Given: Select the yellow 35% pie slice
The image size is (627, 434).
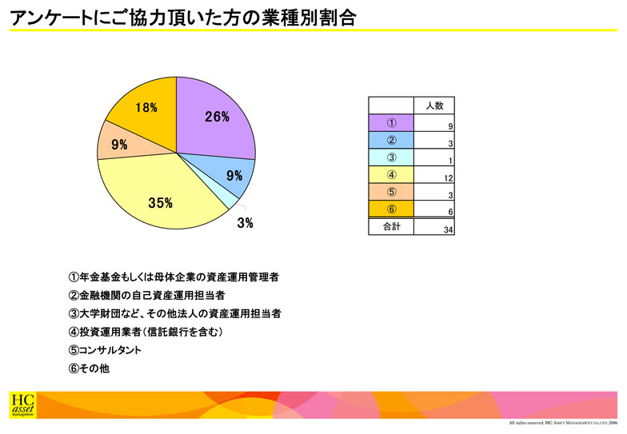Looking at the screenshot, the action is click(x=160, y=196).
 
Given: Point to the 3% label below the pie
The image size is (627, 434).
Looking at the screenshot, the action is click(x=245, y=223).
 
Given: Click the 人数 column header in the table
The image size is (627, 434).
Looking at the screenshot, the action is click(x=434, y=106).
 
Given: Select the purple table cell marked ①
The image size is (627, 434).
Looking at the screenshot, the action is click(x=391, y=123).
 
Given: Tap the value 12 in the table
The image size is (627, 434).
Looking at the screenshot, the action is click(x=448, y=178).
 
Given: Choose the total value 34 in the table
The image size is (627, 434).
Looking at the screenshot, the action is click(x=448, y=230).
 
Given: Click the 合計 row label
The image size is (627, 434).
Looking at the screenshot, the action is click(x=392, y=227).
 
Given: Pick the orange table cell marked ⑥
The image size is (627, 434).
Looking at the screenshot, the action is click(x=391, y=209).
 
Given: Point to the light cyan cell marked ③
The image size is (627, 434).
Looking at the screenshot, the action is click(x=391, y=157).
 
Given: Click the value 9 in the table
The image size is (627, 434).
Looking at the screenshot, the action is click(x=451, y=126).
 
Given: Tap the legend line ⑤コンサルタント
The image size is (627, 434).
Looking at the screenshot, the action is click(x=105, y=350).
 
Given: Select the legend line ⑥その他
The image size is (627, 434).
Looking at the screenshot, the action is click(x=89, y=368).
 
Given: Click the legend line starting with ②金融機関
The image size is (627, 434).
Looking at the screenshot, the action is click(x=147, y=296).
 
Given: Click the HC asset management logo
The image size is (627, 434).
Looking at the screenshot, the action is click(x=22, y=405).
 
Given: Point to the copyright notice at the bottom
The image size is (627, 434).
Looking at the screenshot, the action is click(x=563, y=423).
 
